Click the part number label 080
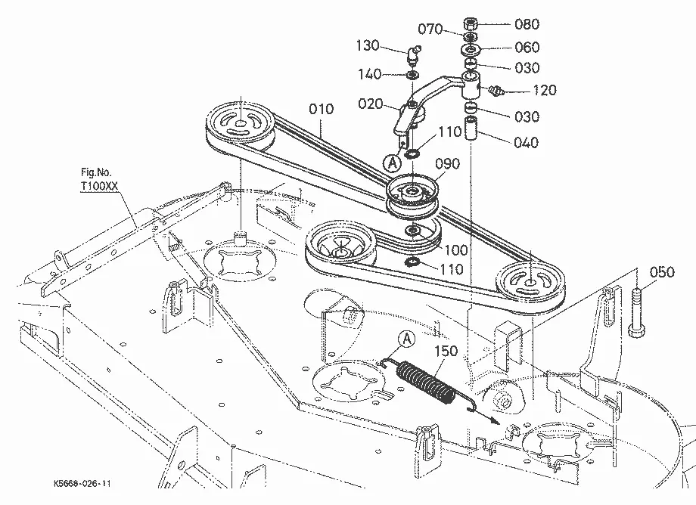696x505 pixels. point(527,24)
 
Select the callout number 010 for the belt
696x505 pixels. point(321,109)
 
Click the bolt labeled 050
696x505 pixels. point(638,312)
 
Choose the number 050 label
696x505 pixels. point(662,272)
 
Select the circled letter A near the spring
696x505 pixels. point(406,339)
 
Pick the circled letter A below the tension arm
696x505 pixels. point(392,163)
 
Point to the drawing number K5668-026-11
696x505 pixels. point(82,483)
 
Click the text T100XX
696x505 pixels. point(99,186)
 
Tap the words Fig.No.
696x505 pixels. point(96,172)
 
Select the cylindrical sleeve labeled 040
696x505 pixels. point(472,129)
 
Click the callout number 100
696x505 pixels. point(456,250)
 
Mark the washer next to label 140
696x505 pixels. point(412,74)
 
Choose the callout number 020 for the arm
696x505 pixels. point(370,104)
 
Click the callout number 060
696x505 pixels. point(527,47)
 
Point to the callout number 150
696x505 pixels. point(446,351)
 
